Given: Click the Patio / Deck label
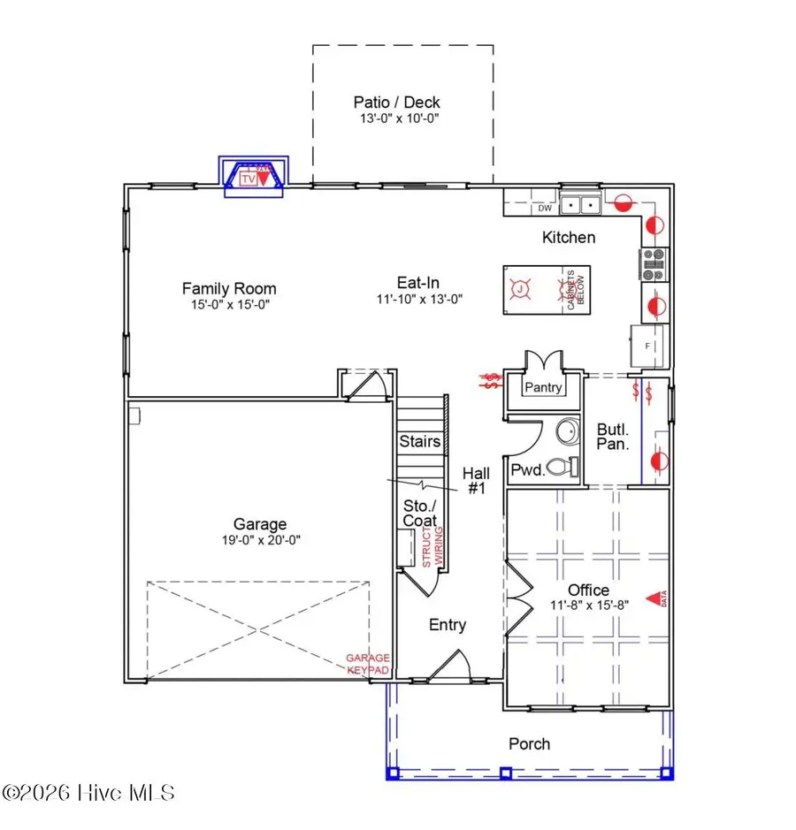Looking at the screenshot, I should (396, 103).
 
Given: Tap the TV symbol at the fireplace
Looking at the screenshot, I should (248, 178).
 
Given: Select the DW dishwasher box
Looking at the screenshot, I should (545, 209).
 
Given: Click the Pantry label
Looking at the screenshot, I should (544, 387).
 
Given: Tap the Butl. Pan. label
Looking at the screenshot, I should (613, 437).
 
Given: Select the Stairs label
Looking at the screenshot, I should (420, 441).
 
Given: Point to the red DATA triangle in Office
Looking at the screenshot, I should (654, 598).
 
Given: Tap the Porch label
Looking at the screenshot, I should (529, 743).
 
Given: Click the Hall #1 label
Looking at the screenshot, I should (477, 480).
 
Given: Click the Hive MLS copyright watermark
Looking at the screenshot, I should (88, 792).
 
